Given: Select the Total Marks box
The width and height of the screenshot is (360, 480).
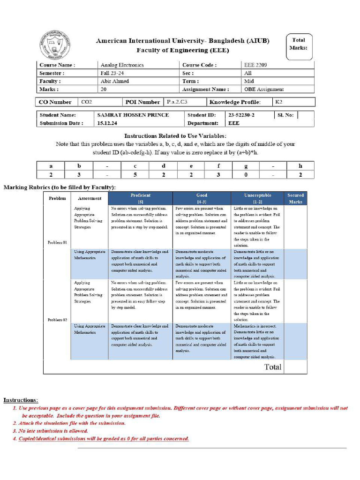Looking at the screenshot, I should point(298,45).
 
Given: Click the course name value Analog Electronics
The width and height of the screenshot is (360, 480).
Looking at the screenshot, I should point(122,65).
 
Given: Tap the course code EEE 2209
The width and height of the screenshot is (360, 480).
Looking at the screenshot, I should point(255,65).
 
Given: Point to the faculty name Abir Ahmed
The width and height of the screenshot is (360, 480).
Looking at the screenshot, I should point(114,81).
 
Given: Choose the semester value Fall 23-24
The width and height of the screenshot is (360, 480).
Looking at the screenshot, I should point(112,73).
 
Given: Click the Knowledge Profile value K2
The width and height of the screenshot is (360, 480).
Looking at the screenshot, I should point(279,102).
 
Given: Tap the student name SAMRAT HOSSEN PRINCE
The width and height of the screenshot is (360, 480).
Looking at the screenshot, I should point(133,115).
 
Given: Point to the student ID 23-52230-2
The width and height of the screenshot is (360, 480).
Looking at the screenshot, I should point(241,115).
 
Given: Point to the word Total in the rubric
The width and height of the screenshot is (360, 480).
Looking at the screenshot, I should point(273,367).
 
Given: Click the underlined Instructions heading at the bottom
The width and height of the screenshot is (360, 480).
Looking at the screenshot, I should point(21,400).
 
